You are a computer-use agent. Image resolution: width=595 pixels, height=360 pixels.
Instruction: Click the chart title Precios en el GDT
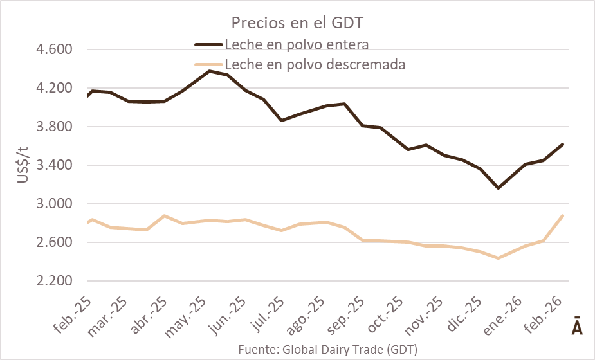297,24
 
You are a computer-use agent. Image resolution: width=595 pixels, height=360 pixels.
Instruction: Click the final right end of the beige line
563,215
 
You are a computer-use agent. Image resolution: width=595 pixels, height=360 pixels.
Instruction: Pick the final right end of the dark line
563,144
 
